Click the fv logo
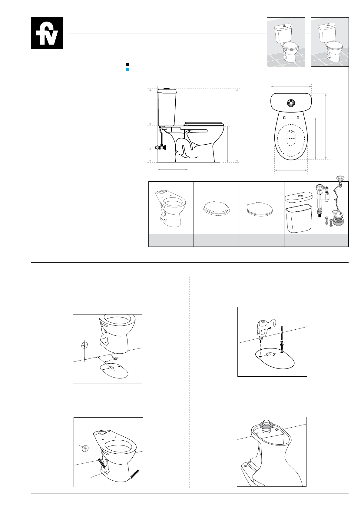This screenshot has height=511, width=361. [47, 33]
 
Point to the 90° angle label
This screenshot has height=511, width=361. [115, 359]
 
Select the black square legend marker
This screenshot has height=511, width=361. [128, 65]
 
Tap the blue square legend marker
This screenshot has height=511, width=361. [128, 70]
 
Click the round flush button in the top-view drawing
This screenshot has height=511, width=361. [291, 103]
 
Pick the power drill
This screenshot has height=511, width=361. [266, 329]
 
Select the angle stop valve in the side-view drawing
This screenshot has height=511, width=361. [161, 147]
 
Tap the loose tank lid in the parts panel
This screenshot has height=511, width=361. [299, 197]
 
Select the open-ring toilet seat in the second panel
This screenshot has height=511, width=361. [216, 208]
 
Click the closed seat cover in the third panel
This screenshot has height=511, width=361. [260, 209]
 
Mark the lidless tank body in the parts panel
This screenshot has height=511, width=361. [299, 218]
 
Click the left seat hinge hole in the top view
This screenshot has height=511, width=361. [284, 118]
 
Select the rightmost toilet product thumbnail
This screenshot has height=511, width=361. [330, 42]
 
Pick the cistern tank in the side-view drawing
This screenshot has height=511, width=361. [167, 107]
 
